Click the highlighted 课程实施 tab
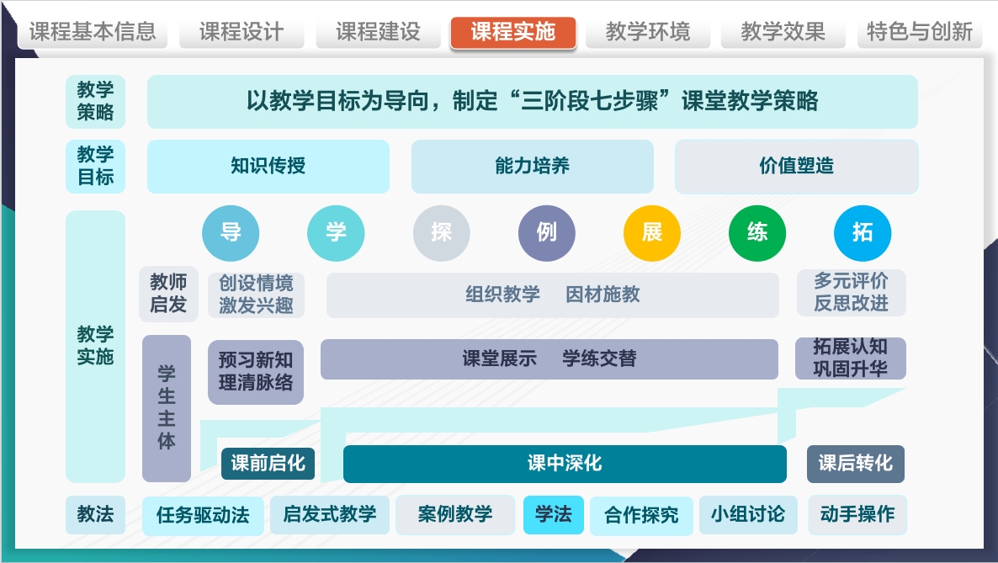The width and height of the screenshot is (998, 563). [513, 33]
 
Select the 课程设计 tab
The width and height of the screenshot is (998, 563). [242, 33]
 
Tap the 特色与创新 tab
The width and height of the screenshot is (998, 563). [920, 33]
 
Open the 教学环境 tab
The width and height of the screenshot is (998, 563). [648, 33]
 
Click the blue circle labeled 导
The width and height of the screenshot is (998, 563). [231, 233]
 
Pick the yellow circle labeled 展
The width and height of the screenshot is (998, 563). [652, 233]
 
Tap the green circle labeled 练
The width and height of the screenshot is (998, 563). [757, 233]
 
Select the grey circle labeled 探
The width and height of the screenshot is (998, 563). [442, 233]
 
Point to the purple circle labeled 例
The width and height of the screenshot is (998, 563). [547, 233]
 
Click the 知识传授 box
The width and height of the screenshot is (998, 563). [268, 166]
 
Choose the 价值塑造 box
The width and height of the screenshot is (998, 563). [796, 166]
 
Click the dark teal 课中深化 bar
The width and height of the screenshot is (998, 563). [565, 464]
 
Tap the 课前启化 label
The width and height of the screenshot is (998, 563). [268, 464]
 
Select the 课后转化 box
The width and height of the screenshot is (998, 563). [856, 464]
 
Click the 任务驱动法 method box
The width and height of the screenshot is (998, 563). [203, 515]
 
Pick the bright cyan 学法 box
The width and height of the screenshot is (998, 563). [553, 514]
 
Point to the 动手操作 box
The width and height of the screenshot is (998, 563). [857, 514]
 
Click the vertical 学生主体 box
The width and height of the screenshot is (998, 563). [167, 408]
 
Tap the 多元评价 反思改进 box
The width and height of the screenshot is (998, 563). [851, 293]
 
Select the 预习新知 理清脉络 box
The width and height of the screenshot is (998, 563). [256, 372]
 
